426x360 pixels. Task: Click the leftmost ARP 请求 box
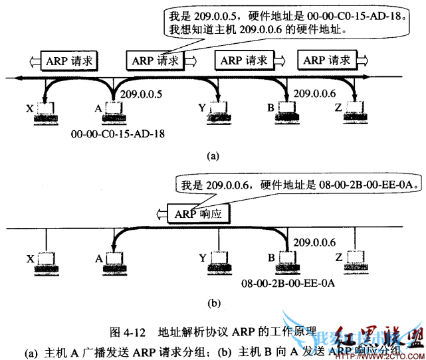pos(69,60)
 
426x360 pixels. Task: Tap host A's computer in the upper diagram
pos(113,114)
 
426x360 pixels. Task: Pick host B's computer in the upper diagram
pos(287,114)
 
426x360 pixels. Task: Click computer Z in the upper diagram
pos(352,114)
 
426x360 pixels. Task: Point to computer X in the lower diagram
pos(45,262)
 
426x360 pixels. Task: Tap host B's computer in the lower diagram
pos(287,262)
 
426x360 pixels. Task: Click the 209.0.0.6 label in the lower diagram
pos(313,243)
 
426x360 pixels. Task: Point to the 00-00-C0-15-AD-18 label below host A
pos(117,134)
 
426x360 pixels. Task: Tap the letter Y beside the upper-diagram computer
pos(201,106)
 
